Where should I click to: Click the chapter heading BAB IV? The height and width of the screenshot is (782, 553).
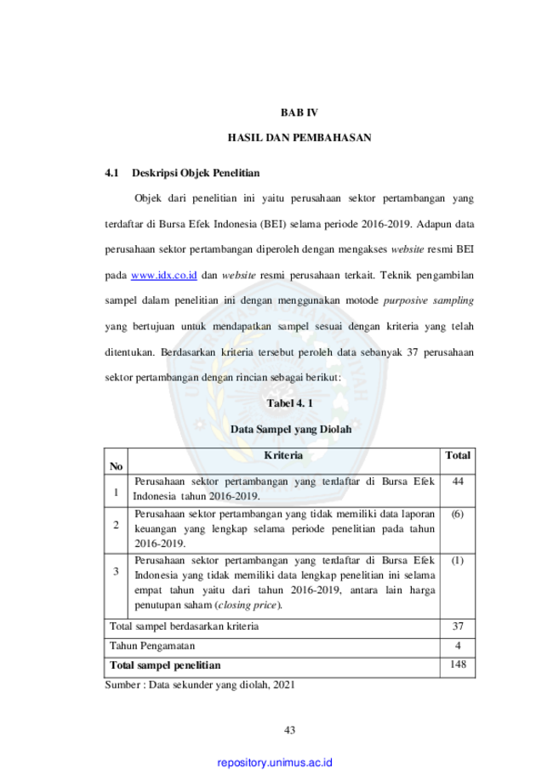click(x=299, y=112)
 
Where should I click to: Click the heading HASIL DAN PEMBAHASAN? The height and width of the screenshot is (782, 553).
click(x=299, y=138)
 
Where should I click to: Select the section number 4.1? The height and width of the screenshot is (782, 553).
click(x=111, y=173)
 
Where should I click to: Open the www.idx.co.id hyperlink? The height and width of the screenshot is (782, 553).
click(x=163, y=276)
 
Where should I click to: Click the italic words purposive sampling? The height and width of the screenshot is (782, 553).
click(x=428, y=300)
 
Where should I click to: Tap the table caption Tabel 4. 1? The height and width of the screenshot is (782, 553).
click(x=290, y=403)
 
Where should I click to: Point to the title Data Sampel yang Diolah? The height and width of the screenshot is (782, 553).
click(x=291, y=429)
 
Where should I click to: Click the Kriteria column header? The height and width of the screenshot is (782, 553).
click(x=283, y=455)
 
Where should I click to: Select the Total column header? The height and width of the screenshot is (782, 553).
click(x=458, y=455)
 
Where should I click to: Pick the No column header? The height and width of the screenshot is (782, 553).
click(x=117, y=466)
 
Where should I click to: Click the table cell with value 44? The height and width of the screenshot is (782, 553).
click(x=458, y=482)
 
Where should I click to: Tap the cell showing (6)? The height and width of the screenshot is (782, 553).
click(x=457, y=514)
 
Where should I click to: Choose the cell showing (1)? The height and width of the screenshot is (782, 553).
click(x=457, y=561)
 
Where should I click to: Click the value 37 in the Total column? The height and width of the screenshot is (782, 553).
click(x=458, y=626)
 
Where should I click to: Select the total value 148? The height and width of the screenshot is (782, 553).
click(x=458, y=665)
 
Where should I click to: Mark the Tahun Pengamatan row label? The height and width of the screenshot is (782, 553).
click(x=152, y=646)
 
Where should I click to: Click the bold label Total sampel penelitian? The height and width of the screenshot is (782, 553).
click(x=165, y=665)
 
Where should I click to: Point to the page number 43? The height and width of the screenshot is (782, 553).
click(x=290, y=730)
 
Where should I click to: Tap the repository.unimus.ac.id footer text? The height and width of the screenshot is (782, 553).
click(x=275, y=762)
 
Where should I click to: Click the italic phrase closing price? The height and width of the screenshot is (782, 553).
click(x=248, y=605)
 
